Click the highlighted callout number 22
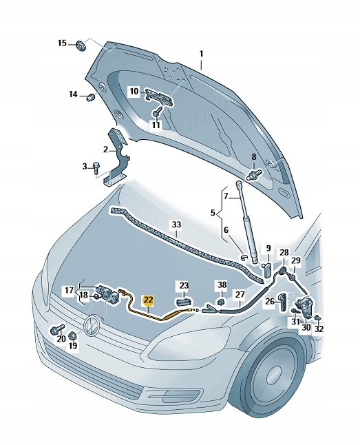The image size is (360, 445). (x=148, y=300)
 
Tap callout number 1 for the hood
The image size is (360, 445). (x=202, y=53)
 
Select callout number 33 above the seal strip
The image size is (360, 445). (x=176, y=225)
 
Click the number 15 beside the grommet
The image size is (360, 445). (x=62, y=43)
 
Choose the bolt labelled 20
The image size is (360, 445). (x=54, y=329)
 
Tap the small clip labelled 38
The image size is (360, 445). (x=222, y=300)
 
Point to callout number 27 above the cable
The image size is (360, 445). (x=239, y=294)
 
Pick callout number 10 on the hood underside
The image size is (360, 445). (x=134, y=91)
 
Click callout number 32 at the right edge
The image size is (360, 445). (x=318, y=329)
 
